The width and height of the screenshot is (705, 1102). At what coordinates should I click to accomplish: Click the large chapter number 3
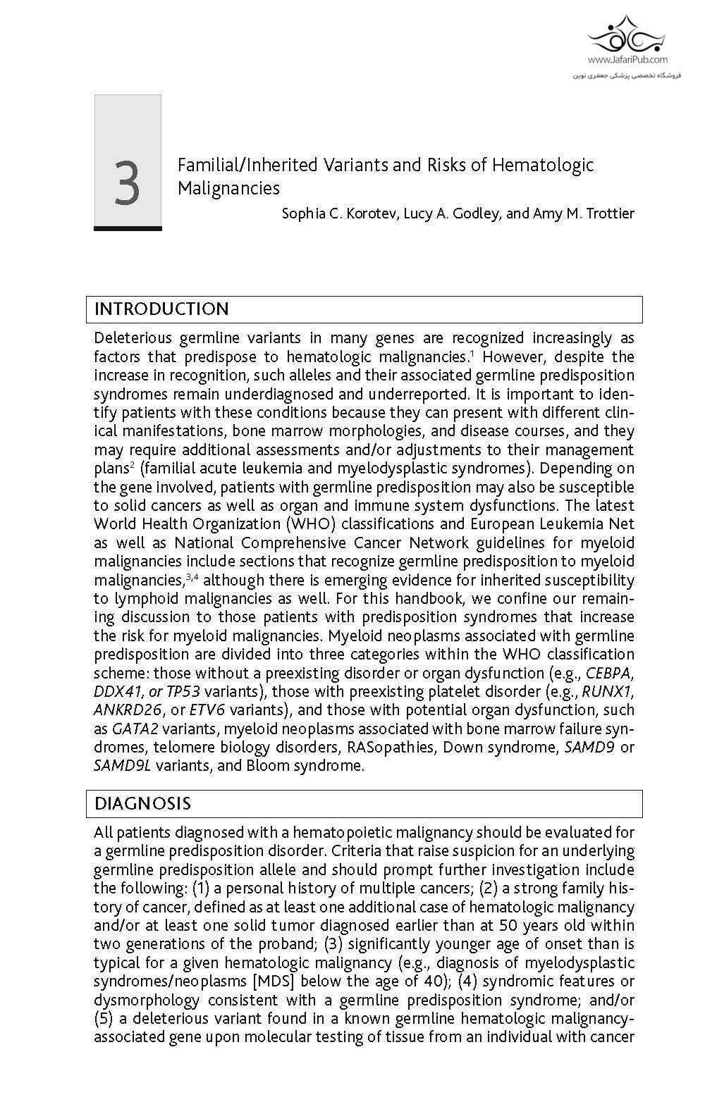127,183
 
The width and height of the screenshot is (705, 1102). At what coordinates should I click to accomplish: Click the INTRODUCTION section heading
161,309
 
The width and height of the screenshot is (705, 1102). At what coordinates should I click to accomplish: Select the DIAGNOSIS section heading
142,804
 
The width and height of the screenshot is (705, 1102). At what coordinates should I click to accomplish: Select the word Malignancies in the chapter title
228,189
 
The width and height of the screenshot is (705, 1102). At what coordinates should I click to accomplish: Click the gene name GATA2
135,729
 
